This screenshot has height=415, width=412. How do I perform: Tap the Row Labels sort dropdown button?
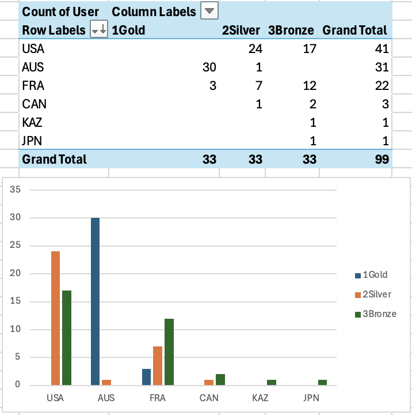click(99, 30)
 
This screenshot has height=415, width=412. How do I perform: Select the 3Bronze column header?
click(291, 30)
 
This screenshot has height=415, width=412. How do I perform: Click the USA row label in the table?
click(33, 49)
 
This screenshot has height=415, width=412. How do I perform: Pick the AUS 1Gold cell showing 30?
click(209, 67)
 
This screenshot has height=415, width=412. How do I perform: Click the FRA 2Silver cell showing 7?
click(258, 86)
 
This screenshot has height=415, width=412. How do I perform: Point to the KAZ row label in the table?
click(32, 122)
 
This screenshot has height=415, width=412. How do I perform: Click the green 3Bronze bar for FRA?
click(169, 352)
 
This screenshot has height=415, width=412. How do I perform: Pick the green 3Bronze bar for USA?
click(66, 338)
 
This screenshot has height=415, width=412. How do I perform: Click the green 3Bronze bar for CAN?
click(220, 379)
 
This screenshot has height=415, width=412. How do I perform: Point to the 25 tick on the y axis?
click(16, 246)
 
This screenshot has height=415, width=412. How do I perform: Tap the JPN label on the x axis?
click(310, 398)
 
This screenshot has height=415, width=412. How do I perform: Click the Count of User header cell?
click(60, 11)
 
